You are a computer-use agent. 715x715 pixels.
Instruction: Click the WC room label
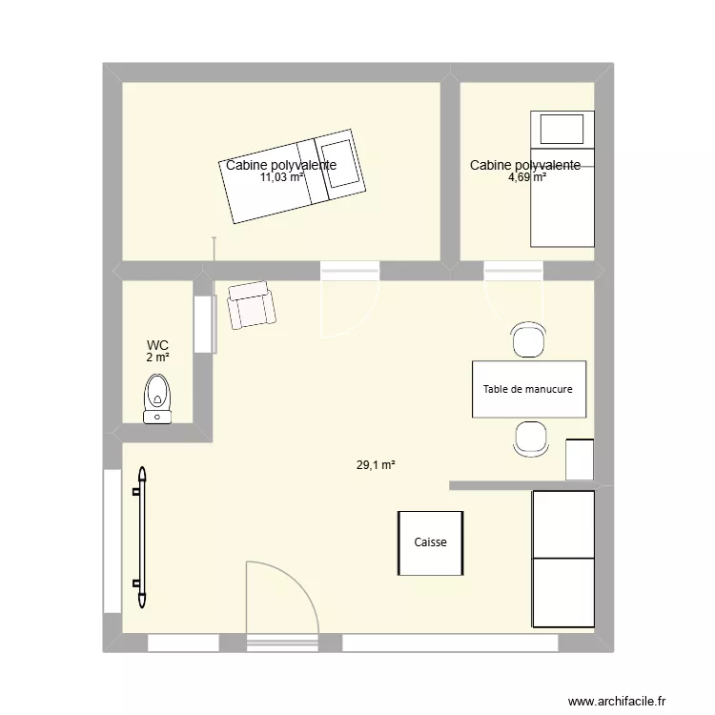[157, 345]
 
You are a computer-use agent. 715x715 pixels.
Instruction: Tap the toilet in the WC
[157, 398]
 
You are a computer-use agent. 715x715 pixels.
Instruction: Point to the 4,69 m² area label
[526, 177]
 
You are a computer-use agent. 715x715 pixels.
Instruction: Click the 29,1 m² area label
[376, 465]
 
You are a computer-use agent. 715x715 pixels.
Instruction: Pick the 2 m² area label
[157, 357]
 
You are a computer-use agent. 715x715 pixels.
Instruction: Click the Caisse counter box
[431, 543]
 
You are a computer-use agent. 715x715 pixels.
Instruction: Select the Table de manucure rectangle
[528, 389]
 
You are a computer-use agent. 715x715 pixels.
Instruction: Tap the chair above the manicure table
[529, 340]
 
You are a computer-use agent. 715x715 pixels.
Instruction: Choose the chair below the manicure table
[530, 438]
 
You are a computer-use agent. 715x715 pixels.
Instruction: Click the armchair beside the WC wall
[251, 304]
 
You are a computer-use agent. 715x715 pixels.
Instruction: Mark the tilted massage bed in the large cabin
[293, 177]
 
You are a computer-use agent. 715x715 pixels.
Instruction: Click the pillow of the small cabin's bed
[561, 129]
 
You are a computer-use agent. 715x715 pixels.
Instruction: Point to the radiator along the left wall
[142, 537]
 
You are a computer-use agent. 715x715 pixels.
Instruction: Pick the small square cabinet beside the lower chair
[580, 460]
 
